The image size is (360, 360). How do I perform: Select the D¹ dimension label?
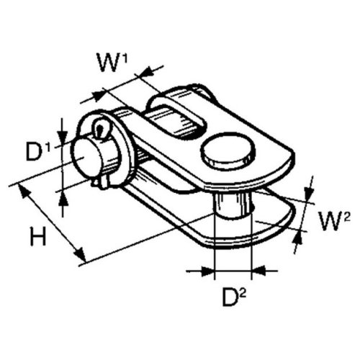pyautogui.click(x=37, y=153)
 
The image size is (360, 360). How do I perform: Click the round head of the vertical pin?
pyautogui.click(x=228, y=153)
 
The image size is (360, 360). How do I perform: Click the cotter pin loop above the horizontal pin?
pyautogui.click(x=101, y=129)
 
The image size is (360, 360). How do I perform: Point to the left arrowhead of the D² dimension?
pyautogui.click(x=210, y=271)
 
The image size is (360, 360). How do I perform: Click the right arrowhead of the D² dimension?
pyautogui.click(x=257, y=271)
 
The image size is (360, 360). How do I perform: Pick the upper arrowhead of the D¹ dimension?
pyautogui.click(x=63, y=139)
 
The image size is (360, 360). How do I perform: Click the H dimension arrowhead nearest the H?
pyautogui.click(x=26, y=192)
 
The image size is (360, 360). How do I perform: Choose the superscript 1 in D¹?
pyautogui.click(x=48, y=146)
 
